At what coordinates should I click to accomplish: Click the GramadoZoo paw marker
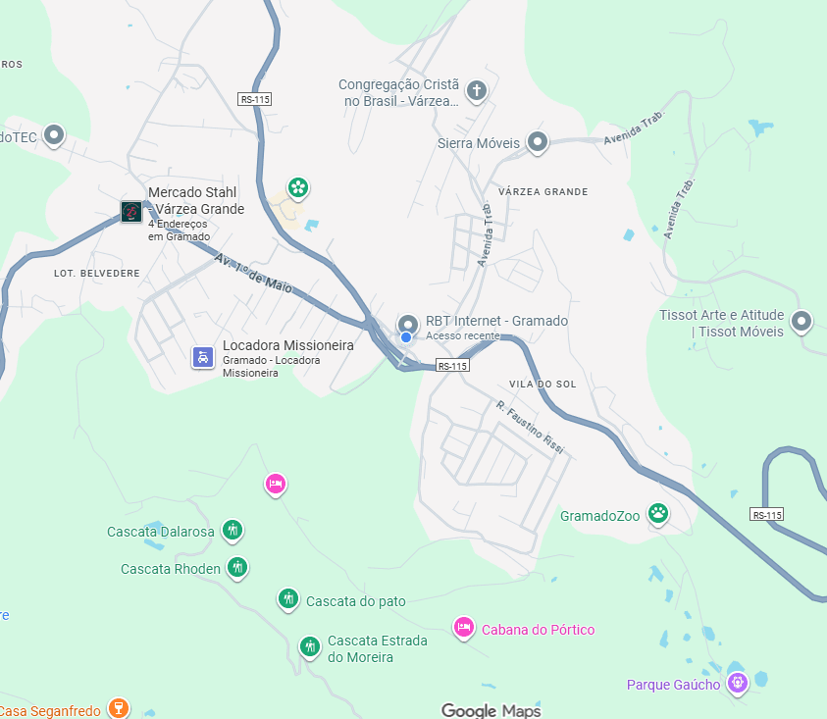[x=658, y=512]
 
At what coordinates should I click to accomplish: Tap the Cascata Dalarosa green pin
[x=233, y=531]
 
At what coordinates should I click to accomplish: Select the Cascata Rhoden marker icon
[x=236, y=566]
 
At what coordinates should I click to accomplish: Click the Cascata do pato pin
[x=287, y=598]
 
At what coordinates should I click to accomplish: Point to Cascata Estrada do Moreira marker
[x=309, y=645]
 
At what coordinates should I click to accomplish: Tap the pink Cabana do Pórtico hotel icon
[x=464, y=627]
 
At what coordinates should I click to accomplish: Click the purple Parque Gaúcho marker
[x=738, y=682]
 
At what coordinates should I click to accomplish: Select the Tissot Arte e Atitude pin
[x=802, y=320]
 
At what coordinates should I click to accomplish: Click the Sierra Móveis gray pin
[x=537, y=142]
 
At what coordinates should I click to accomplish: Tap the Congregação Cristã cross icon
[x=477, y=91]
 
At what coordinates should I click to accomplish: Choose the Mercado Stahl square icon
[x=131, y=211]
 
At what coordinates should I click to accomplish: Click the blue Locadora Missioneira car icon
[x=202, y=357]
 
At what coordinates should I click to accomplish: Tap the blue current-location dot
[x=406, y=337]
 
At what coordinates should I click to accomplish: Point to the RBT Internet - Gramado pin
[x=408, y=324]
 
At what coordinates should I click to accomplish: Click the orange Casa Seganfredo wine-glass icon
[x=117, y=707]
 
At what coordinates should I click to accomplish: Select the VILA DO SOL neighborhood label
[x=543, y=384]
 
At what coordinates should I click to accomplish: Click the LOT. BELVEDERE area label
[x=97, y=273]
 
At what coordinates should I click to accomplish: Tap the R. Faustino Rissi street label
[x=530, y=428]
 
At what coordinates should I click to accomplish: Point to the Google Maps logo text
[x=491, y=710]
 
